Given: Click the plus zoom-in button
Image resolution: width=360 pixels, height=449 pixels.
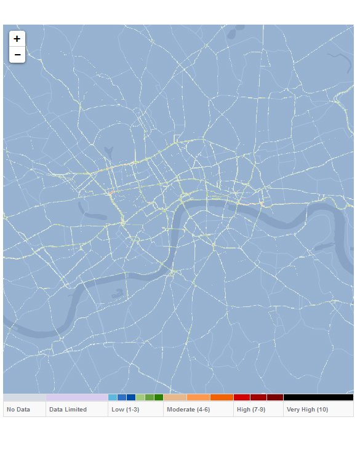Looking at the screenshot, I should click(17, 38).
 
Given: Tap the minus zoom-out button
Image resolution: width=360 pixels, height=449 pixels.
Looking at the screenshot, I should click(17, 55).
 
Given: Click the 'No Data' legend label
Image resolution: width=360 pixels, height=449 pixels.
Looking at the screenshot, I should click(18, 409).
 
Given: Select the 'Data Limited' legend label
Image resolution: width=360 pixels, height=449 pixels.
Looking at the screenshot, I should click(68, 409).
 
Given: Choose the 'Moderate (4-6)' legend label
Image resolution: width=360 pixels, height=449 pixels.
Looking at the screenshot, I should click(188, 409).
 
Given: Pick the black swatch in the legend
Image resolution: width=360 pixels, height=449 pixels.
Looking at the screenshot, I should click(318, 397).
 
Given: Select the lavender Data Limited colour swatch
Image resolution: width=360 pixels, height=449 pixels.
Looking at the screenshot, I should click(77, 397).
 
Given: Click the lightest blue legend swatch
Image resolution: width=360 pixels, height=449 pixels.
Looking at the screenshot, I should click(113, 397).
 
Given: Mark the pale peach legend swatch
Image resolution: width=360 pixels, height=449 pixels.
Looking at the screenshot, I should click(175, 397).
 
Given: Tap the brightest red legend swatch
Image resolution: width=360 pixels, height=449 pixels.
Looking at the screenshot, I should click(241, 397).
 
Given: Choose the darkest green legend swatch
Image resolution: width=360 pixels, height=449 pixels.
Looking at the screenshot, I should click(159, 397).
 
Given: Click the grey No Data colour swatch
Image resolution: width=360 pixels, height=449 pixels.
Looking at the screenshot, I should click(25, 397).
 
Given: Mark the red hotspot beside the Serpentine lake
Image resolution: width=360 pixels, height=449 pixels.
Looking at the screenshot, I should click(111, 194).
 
